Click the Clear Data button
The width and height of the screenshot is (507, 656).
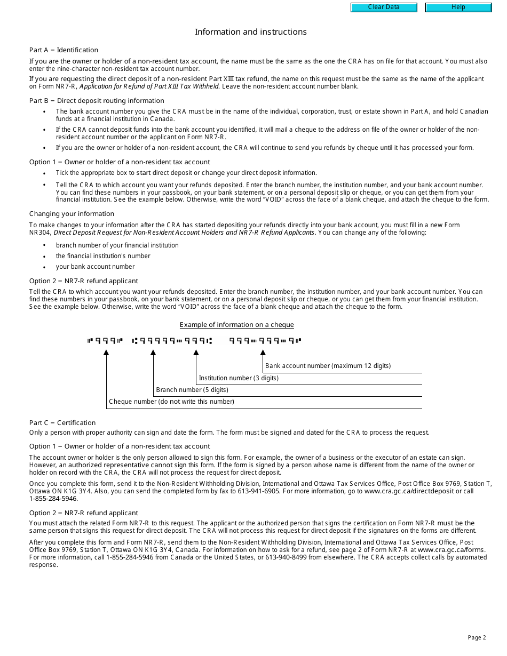point(383,7)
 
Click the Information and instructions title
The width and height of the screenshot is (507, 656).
point(250,32)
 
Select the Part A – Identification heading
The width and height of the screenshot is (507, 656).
point(64,50)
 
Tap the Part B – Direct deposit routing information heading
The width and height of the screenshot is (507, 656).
point(97,101)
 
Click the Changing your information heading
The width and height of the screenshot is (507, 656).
point(64,214)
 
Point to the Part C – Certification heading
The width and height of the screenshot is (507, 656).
point(62,423)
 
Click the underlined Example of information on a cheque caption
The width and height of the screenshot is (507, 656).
point(236,325)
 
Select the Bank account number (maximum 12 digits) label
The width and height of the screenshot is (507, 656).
point(328,366)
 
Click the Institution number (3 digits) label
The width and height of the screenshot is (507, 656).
point(239,378)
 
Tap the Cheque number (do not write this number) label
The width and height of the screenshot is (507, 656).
point(171,402)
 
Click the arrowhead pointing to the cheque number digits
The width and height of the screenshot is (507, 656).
point(106,353)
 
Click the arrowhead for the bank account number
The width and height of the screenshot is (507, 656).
point(263,353)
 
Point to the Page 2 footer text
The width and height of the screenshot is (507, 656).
point(477,637)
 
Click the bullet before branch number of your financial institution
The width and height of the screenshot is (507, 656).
point(44,246)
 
